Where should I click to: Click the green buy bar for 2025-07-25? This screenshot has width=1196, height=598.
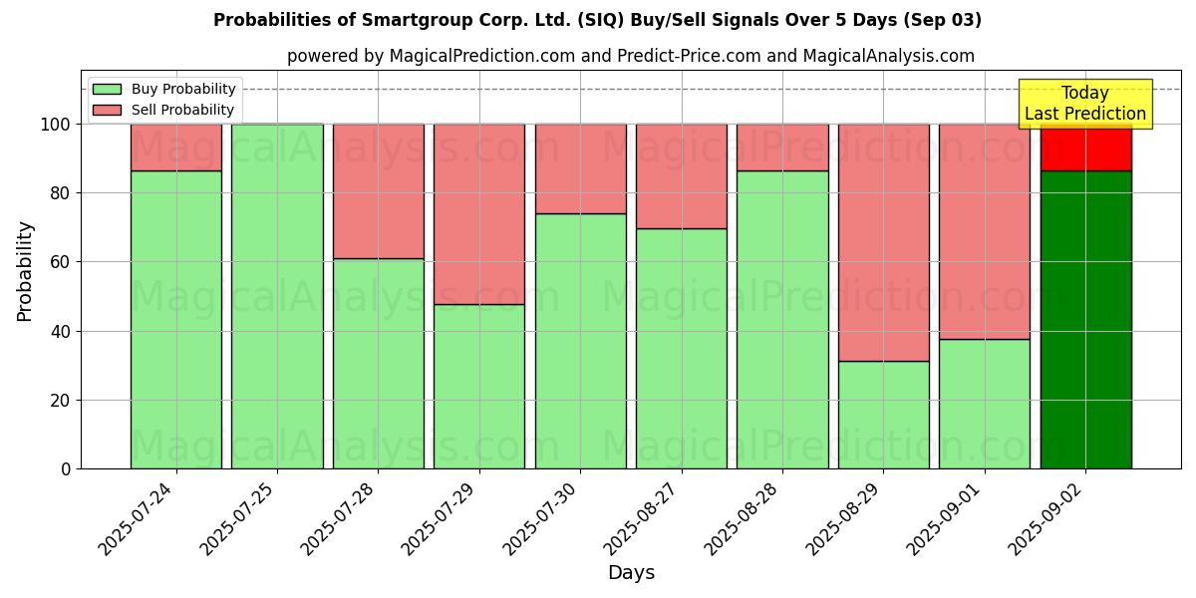(277, 296)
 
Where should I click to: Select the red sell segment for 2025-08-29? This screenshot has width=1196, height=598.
(883, 242)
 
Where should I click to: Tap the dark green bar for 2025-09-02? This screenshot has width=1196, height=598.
(1085, 319)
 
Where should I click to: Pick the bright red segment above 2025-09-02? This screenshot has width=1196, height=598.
(1085, 148)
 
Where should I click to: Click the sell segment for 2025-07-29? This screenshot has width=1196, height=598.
(479, 213)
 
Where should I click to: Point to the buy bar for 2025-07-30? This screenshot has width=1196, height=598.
(580, 341)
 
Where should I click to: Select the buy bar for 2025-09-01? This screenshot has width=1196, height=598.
(985, 404)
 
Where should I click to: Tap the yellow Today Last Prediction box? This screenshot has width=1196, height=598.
(1085, 104)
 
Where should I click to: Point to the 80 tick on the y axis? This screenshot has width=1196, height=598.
(61, 193)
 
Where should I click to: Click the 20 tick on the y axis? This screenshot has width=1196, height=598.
(61, 401)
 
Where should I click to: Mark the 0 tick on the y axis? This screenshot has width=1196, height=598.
(66, 469)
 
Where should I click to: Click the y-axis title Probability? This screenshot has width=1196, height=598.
(25, 271)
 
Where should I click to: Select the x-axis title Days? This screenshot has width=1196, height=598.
(631, 573)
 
